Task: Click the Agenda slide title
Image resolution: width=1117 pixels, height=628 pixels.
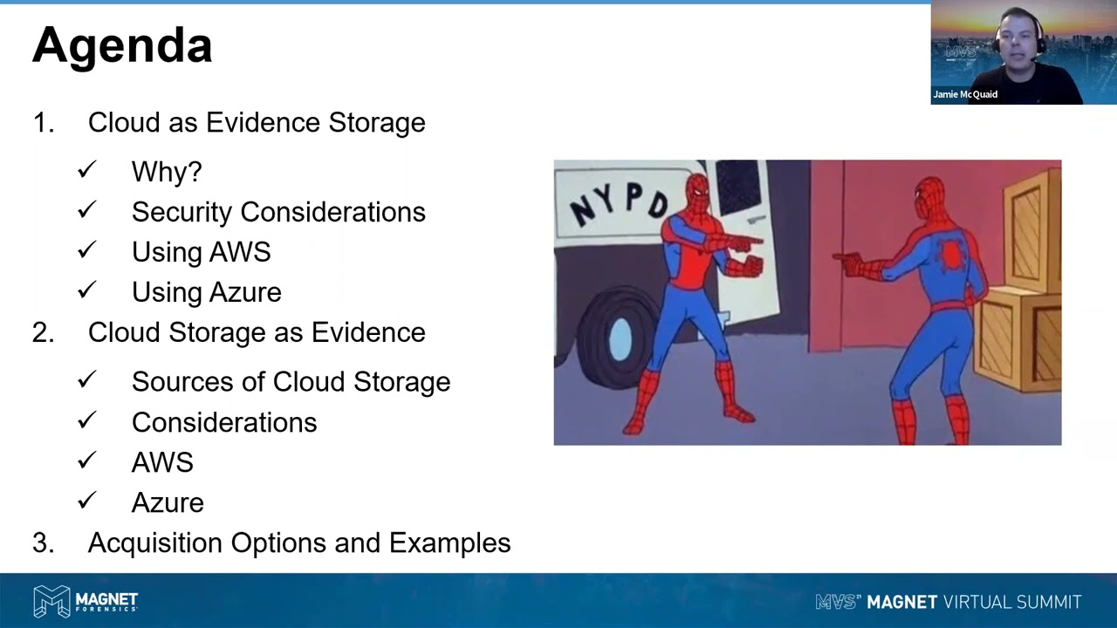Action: click(122, 45)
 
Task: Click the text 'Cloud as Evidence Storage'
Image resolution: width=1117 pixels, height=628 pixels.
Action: click(257, 123)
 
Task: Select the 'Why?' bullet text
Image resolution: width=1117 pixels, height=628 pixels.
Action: click(167, 172)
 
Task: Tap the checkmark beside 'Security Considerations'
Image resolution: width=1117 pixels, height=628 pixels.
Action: click(86, 211)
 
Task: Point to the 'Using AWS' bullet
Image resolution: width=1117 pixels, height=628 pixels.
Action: click(201, 252)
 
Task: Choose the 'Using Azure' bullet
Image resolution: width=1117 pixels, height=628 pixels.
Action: click(206, 292)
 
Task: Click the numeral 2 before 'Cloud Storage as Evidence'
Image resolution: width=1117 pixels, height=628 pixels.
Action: click(42, 332)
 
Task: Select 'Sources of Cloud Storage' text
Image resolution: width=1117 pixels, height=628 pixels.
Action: click(291, 382)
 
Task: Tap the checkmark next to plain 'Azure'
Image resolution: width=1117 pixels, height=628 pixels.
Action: click(86, 502)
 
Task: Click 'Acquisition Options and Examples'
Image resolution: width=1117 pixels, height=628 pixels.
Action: click(298, 543)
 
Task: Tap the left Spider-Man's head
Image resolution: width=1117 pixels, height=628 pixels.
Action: click(697, 190)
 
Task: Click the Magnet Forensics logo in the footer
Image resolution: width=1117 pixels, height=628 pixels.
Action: click(86, 601)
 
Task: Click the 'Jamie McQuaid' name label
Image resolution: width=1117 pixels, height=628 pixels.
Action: click(965, 94)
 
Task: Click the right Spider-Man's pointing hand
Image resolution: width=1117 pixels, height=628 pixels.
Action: click(846, 258)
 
